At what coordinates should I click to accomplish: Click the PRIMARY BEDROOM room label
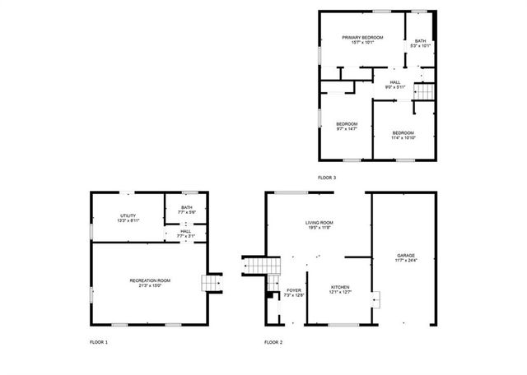tap(363, 38)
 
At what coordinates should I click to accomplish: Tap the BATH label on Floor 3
tap(420, 41)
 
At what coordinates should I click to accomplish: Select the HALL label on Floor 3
tap(395, 82)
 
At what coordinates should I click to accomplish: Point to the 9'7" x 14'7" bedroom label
tap(347, 124)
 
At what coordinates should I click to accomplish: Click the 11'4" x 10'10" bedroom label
tap(403, 133)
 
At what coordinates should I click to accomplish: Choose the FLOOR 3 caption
tap(327, 178)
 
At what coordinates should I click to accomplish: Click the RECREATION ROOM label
tap(150, 281)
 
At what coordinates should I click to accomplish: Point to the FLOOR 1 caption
tap(99, 341)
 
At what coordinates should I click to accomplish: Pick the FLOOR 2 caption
tap(273, 341)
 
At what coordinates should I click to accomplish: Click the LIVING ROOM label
tap(319, 223)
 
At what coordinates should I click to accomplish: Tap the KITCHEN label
tap(341, 287)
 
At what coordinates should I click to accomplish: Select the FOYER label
tap(294, 290)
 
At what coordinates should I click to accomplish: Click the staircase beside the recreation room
tap(212, 283)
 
